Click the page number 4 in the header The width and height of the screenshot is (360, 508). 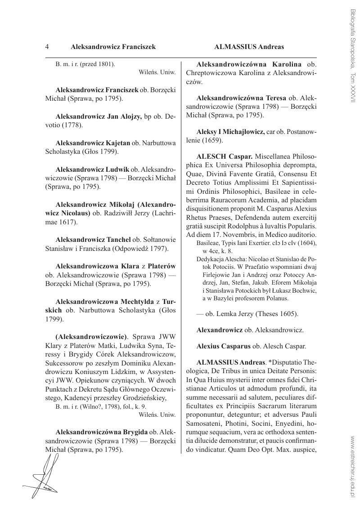pos(47,47)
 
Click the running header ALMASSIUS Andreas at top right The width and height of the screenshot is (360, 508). pos(249,47)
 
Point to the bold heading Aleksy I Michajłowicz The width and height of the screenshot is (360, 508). pos(230,132)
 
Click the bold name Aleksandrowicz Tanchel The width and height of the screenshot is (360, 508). pos(93,239)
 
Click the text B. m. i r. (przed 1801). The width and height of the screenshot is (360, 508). pos(85,64)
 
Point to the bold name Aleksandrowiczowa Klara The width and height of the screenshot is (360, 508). pos(94,266)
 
